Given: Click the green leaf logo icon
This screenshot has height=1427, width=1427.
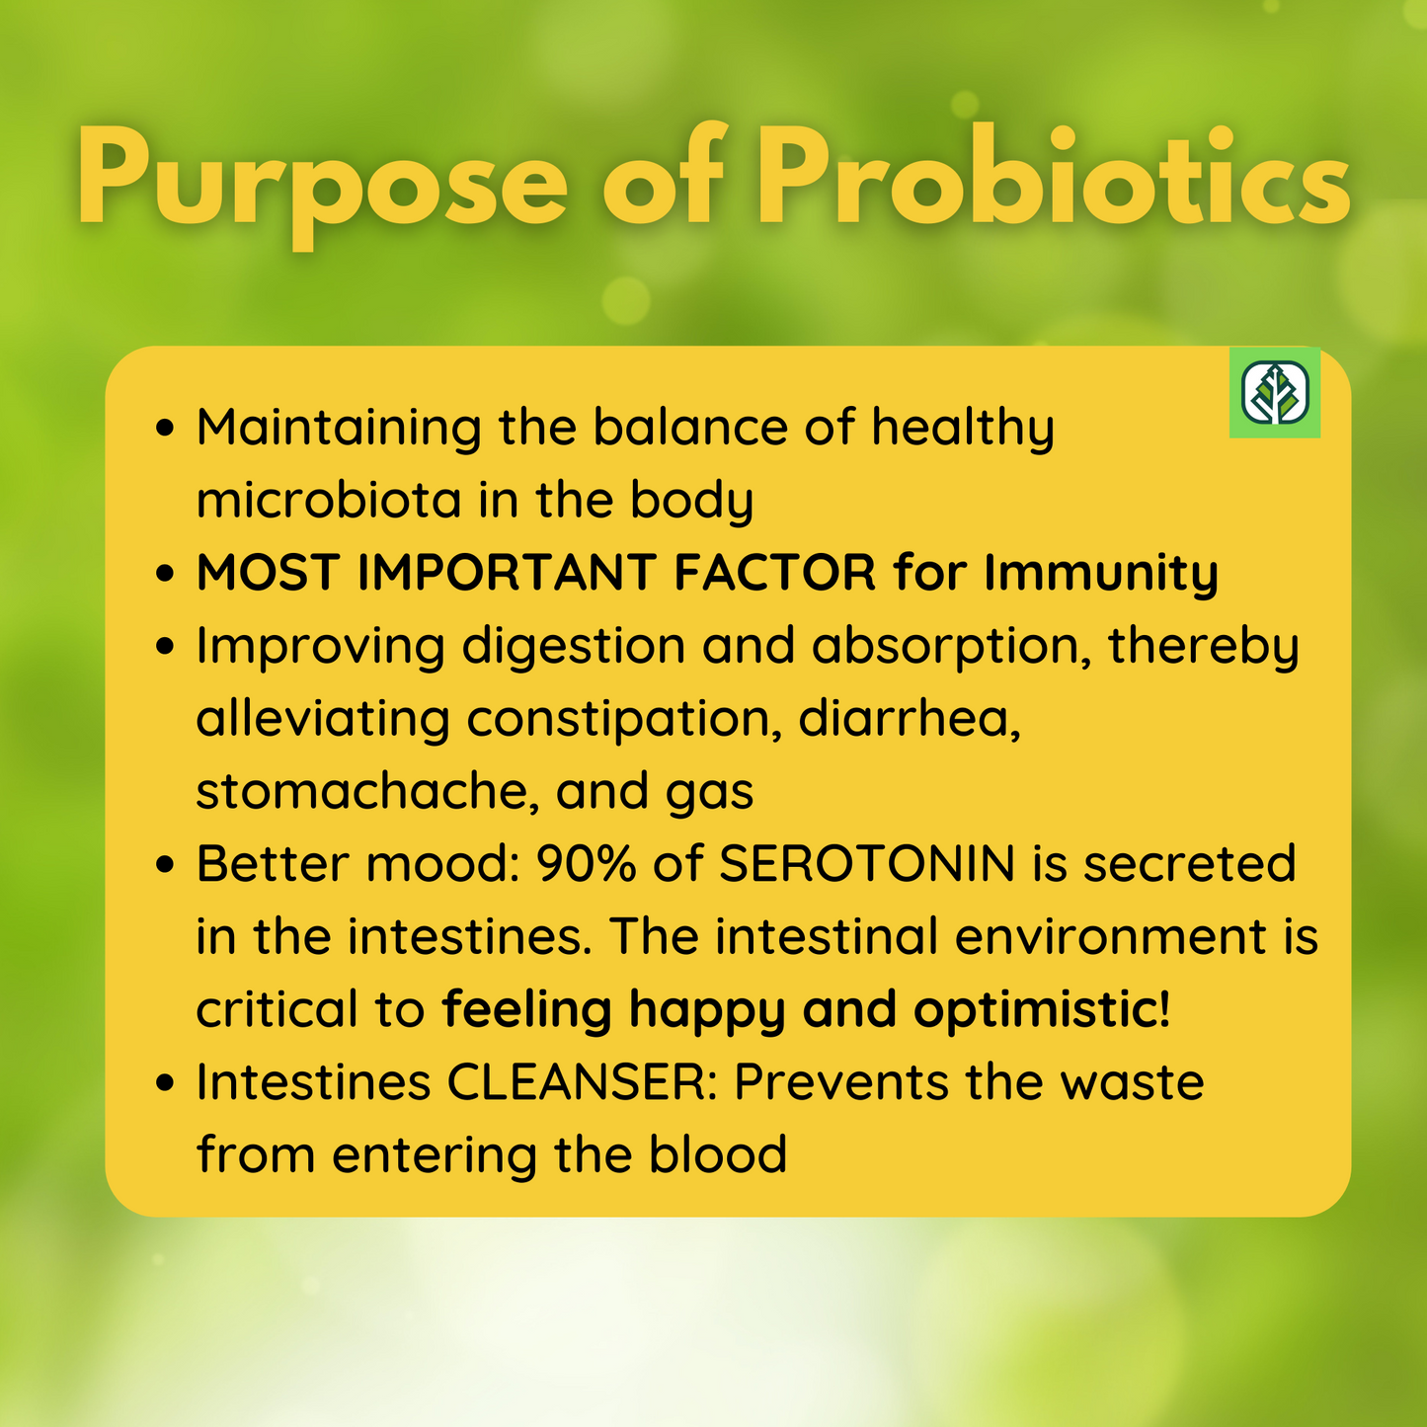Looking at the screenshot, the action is (x=1275, y=392).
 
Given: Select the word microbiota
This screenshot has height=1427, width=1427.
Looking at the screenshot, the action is (x=329, y=499).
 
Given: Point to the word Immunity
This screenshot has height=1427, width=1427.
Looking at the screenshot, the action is (x=1101, y=574).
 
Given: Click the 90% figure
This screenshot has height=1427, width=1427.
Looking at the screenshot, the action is (x=587, y=863).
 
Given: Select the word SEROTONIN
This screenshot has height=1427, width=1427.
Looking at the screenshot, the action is (x=866, y=863).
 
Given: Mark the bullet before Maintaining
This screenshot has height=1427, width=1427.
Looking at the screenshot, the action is (x=165, y=428).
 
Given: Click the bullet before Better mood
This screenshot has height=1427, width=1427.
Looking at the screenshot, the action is (x=165, y=863).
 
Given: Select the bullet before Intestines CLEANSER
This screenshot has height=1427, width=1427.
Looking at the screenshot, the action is (x=165, y=1082).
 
